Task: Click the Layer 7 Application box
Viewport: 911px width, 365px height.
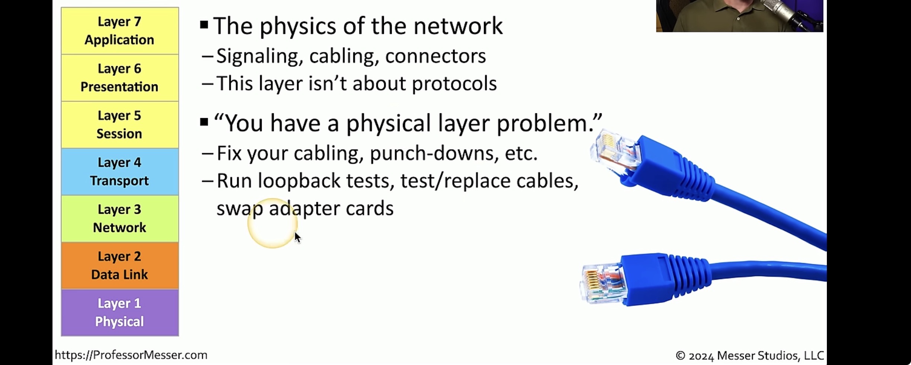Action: pyautogui.click(x=120, y=31)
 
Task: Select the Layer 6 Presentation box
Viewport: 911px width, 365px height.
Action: pyautogui.click(x=120, y=78)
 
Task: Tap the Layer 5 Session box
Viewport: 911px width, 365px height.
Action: pyautogui.click(x=120, y=125)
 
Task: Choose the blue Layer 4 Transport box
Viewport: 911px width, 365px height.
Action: pyautogui.click(x=120, y=171)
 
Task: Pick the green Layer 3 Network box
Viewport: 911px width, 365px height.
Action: pyautogui.click(x=120, y=219)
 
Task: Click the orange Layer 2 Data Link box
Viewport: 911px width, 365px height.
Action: pyautogui.click(x=120, y=265)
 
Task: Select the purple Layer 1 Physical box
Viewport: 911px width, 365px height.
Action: pyautogui.click(x=120, y=313)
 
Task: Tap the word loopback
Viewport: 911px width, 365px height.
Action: pyautogui.click(x=299, y=181)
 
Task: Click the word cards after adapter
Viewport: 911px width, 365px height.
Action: pyautogui.click(x=369, y=208)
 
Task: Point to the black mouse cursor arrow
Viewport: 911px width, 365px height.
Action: pyautogui.click(x=297, y=237)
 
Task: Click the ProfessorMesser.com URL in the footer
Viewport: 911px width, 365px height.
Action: pyautogui.click(x=131, y=355)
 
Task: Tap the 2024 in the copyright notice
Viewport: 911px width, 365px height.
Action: pyautogui.click(x=701, y=356)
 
